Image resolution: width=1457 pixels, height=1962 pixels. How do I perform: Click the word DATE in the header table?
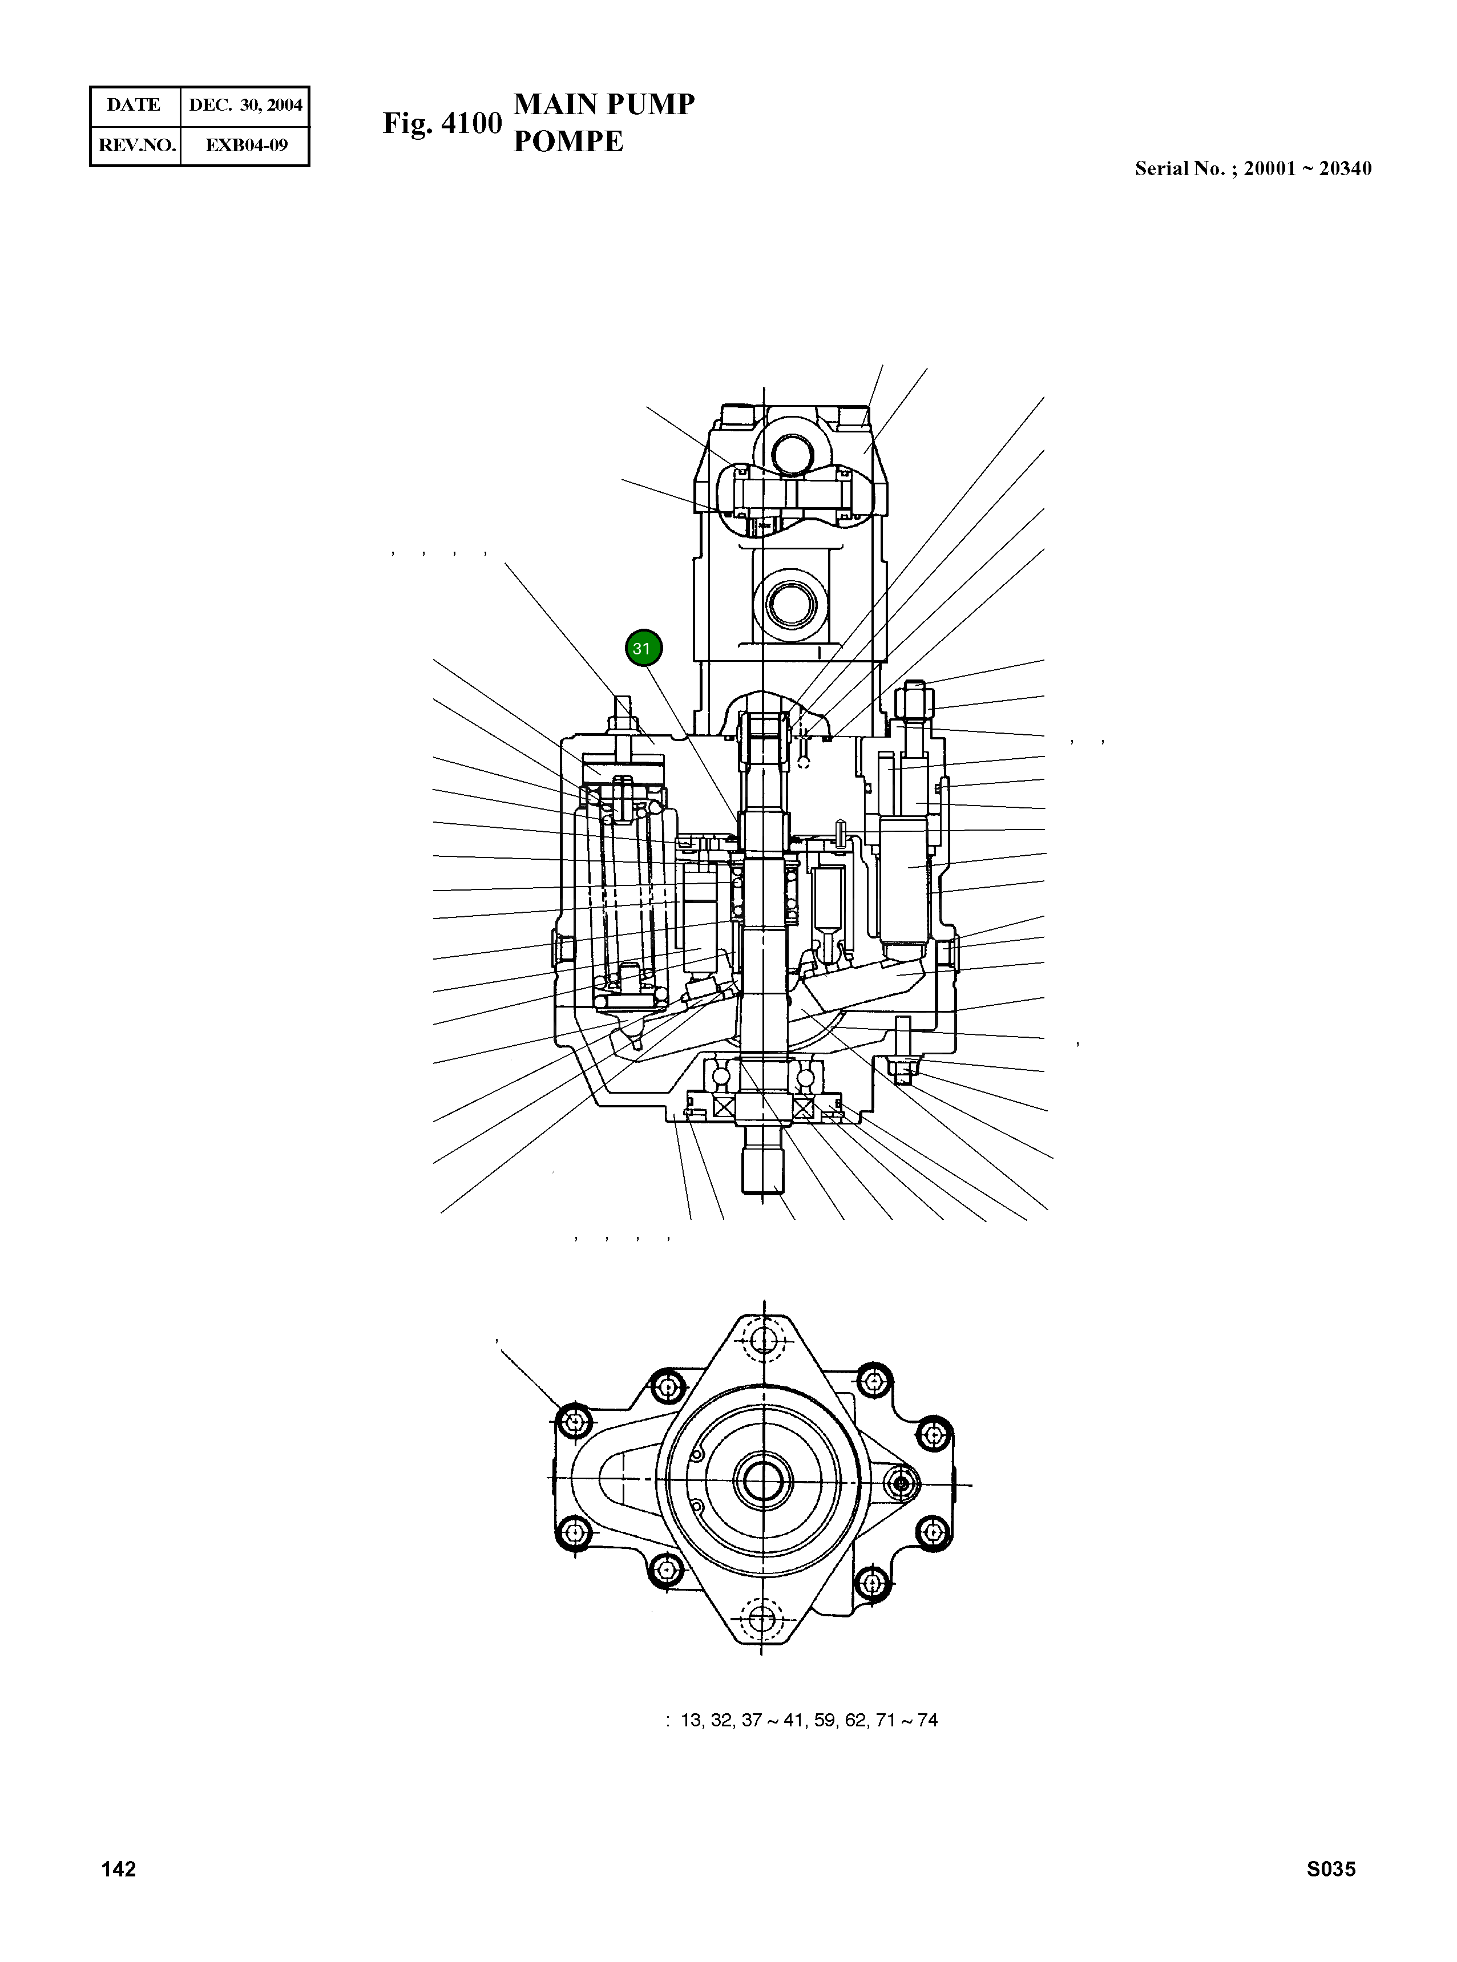(x=134, y=105)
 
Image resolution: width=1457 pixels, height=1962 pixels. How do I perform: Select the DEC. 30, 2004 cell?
(x=245, y=106)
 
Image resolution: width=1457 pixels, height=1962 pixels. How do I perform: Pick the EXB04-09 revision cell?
(x=246, y=145)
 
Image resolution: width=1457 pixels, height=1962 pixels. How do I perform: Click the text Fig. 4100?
(x=442, y=123)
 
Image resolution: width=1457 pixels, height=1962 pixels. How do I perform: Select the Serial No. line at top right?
(x=1252, y=168)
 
